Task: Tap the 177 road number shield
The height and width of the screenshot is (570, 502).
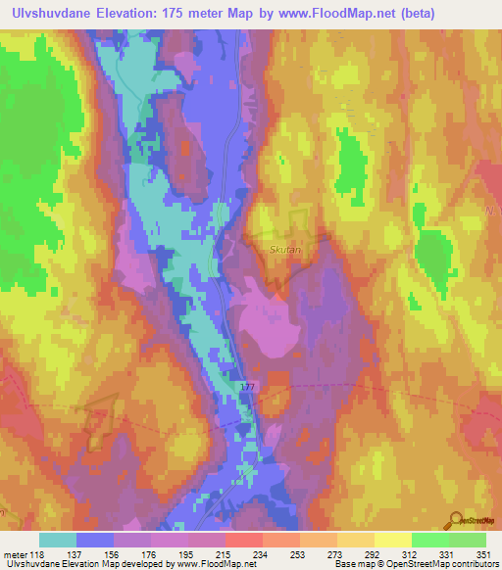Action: (247, 389)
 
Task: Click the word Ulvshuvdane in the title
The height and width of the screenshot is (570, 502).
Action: (51, 13)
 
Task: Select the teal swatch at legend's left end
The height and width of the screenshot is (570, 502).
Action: (58, 540)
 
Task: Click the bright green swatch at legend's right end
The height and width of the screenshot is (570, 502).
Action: (468, 540)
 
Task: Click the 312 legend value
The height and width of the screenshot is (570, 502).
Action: (409, 553)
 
